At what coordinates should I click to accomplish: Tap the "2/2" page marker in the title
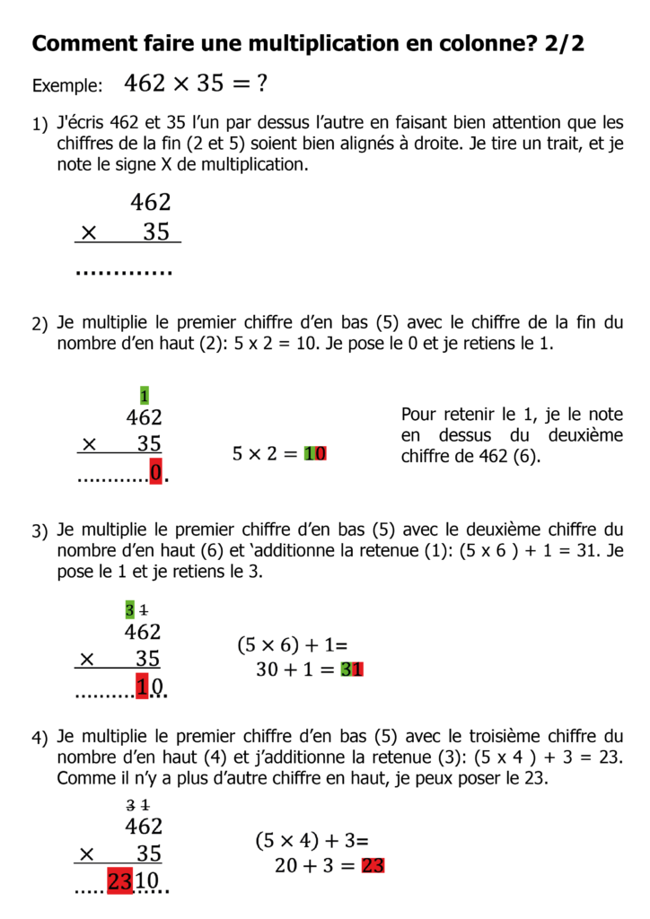point(564,43)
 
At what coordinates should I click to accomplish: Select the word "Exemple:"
point(67,87)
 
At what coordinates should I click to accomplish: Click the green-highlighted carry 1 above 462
point(145,395)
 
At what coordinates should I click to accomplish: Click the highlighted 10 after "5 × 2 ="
point(315,454)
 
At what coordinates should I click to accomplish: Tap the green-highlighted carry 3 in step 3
point(130,610)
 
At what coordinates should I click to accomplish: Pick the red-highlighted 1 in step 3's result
point(141,687)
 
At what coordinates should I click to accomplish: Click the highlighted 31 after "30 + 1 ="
point(352,670)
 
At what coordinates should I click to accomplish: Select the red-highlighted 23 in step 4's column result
point(120,882)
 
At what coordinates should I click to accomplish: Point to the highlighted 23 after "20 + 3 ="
point(373,866)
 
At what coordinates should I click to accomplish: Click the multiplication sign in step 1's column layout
point(87,233)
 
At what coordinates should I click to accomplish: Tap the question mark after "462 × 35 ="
point(262,84)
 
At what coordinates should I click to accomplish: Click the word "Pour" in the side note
point(417,415)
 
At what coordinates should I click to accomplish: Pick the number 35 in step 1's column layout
point(156,232)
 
